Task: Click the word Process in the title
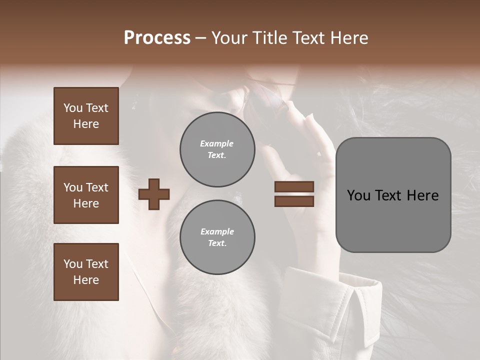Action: (157, 38)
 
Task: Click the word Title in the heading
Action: (269, 38)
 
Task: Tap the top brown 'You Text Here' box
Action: (86, 116)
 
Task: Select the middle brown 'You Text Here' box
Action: (86, 195)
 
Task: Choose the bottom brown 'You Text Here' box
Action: (86, 272)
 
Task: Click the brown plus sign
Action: (154, 194)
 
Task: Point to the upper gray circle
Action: (217, 149)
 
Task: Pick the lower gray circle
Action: (217, 237)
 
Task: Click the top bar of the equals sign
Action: (294, 187)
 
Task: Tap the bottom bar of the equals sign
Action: (294, 201)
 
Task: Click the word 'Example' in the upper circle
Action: (217, 143)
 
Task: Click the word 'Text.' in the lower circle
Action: (217, 243)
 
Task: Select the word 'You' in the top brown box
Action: (72, 108)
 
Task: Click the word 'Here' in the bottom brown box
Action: (86, 280)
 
